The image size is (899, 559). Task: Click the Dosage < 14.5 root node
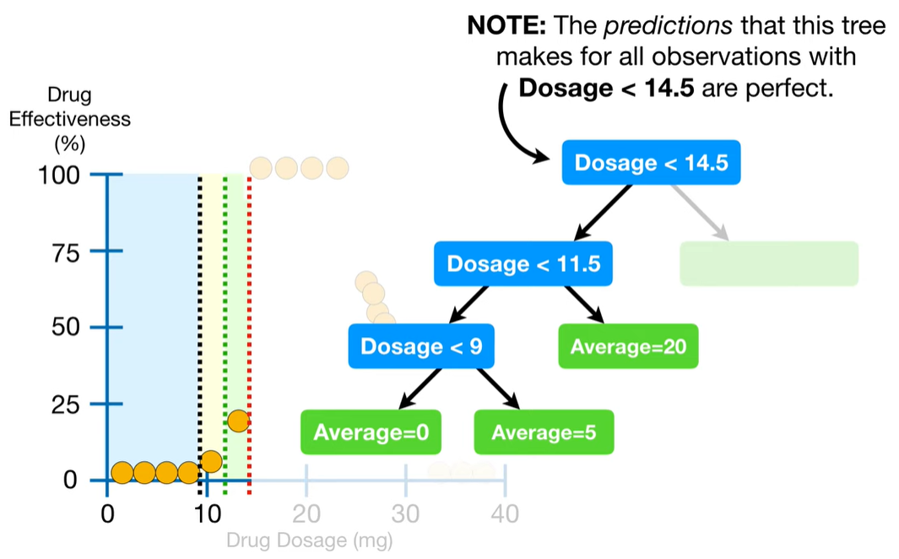point(651,162)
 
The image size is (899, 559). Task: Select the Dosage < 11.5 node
point(523,263)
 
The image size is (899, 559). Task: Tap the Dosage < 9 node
point(421,346)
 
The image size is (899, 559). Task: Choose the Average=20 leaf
point(628,346)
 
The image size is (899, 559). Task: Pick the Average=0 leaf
point(371,431)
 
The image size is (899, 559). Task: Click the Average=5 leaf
point(544,431)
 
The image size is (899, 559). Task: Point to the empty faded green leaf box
point(769,263)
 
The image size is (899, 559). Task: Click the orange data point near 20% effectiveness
point(239,421)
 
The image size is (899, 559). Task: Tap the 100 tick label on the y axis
point(59,175)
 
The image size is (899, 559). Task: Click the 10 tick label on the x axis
point(207,514)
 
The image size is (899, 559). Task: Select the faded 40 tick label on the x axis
point(505,514)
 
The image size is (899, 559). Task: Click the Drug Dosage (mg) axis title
point(310,540)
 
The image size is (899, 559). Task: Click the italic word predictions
point(668,26)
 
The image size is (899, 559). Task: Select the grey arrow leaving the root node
point(700,212)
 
